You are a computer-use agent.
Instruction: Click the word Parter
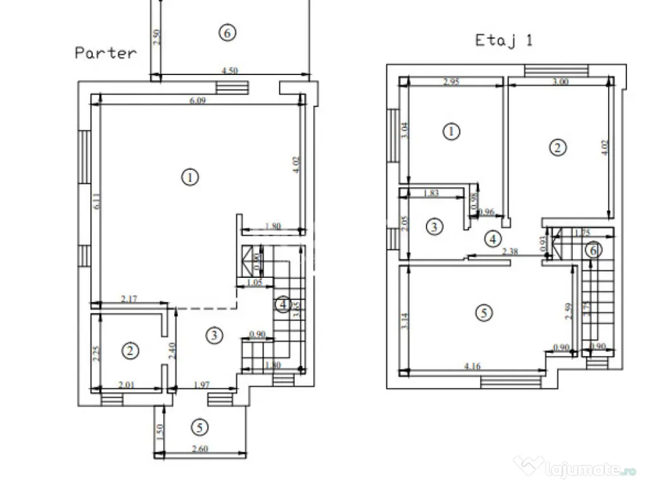(105, 52)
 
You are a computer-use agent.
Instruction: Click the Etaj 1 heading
(503, 40)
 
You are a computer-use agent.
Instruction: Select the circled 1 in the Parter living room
(189, 178)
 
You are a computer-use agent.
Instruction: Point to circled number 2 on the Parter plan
(130, 351)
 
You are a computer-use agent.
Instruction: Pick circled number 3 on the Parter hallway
(215, 335)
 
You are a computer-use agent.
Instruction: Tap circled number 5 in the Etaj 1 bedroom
(483, 313)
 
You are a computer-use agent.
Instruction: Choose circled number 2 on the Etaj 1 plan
(557, 148)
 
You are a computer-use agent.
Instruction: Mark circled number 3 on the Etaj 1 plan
(433, 227)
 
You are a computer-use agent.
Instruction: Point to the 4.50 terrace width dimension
(229, 71)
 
